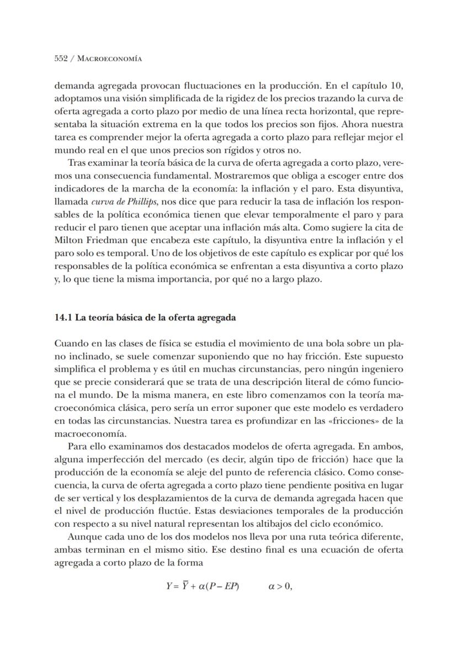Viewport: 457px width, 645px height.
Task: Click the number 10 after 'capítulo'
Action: click(x=398, y=86)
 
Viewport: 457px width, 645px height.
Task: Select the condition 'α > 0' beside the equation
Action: click(x=279, y=586)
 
